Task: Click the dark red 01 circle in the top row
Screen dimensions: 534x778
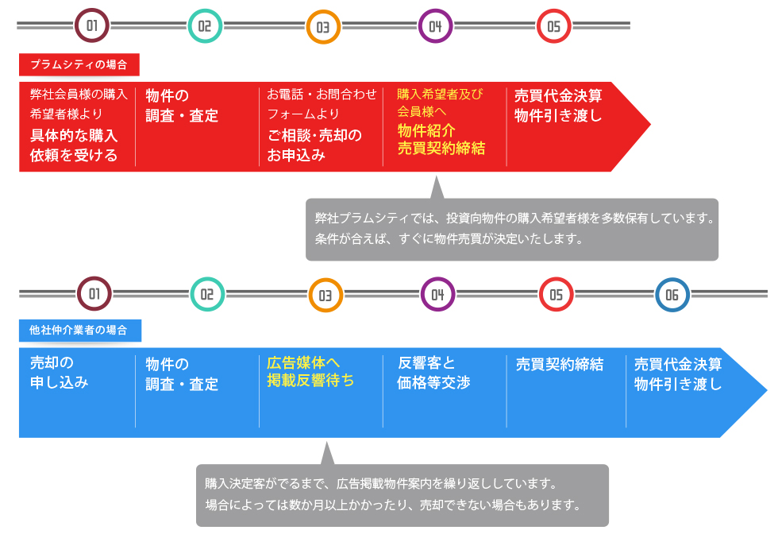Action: click(x=91, y=26)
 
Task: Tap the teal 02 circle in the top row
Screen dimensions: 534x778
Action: click(x=204, y=26)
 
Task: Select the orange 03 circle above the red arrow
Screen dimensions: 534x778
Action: click(x=323, y=27)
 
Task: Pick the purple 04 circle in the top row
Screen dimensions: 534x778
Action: click(x=435, y=26)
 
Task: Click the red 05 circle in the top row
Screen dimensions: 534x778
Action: click(x=553, y=26)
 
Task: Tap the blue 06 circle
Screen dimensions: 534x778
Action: click(x=672, y=295)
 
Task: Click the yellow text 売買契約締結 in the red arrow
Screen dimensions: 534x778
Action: click(x=441, y=149)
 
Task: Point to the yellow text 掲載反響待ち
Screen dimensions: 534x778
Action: click(x=310, y=381)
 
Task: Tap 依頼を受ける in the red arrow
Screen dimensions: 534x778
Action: click(x=74, y=155)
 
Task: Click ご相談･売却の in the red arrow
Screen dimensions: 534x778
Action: click(x=314, y=135)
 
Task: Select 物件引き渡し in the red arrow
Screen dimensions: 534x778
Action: click(x=558, y=115)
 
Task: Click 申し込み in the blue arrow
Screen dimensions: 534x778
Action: click(x=59, y=382)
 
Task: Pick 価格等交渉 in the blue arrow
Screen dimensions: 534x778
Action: click(x=433, y=382)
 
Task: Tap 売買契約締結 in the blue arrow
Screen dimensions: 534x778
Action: click(x=560, y=365)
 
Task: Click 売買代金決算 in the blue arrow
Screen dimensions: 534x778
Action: click(x=678, y=365)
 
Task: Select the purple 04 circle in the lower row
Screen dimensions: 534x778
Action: click(x=437, y=295)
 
